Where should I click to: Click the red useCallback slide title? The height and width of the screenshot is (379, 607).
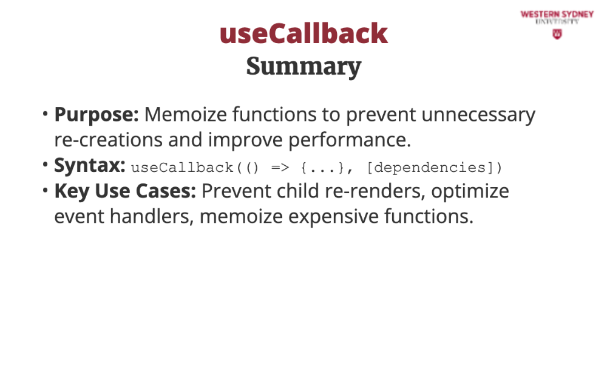[x=303, y=33]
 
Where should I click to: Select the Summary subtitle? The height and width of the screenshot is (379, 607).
[x=303, y=67]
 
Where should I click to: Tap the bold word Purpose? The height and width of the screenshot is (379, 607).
[x=97, y=115]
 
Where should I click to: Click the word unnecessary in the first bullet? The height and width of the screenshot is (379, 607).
[x=478, y=115]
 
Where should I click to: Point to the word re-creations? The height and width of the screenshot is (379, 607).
[x=109, y=140]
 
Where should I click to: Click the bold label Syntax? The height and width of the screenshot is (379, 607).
[x=89, y=166]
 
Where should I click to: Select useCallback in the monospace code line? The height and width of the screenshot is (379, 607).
[x=182, y=168]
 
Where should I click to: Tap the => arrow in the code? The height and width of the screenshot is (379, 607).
[x=280, y=168]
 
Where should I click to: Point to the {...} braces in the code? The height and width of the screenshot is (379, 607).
[x=322, y=168]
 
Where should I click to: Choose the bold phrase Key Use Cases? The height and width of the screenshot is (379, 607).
[x=125, y=191]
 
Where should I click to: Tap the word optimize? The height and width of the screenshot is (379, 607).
[x=470, y=192]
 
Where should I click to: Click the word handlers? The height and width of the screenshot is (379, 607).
[x=151, y=217]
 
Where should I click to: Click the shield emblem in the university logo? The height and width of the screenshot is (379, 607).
[x=557, y=35]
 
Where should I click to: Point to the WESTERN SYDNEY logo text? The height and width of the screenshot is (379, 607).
[x=557, y=15]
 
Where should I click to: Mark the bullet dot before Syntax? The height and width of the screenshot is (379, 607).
[x=46, y=165]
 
